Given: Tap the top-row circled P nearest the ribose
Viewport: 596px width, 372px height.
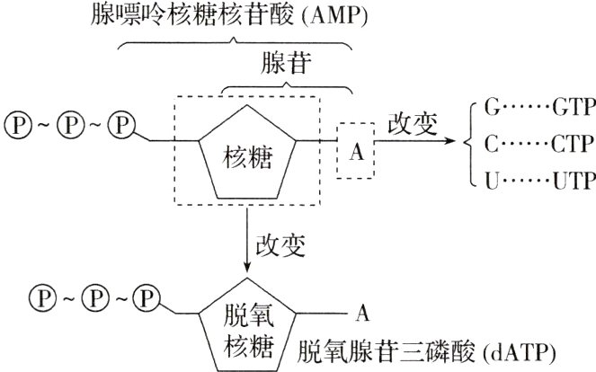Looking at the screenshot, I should click(x=120, y=120).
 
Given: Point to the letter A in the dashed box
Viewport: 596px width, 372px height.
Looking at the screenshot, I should click(x=355, y=151).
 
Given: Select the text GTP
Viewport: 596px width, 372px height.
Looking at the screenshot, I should click(x=570, y=109).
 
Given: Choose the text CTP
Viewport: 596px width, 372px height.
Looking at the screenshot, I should click(x=570, y=142).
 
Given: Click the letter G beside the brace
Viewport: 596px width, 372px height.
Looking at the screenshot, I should click(x=492, y=109).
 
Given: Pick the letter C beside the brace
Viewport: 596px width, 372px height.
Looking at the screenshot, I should click(x=492, y=142).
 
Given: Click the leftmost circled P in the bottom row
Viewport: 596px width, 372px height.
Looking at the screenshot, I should click(x=40, y=296).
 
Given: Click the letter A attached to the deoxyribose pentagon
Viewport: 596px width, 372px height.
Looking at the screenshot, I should click(x=362, y=313).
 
